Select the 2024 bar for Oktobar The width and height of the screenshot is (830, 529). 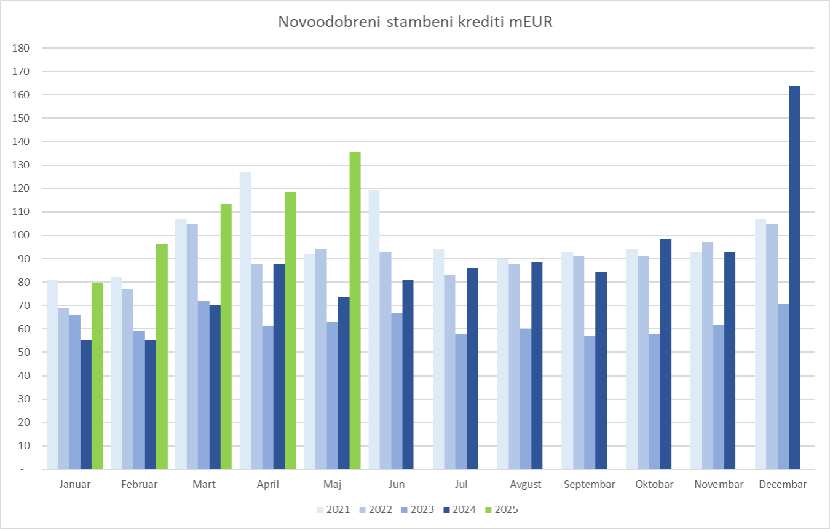(665, 354)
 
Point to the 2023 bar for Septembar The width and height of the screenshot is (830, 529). (590, 402)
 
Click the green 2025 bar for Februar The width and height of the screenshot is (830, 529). (162, 356)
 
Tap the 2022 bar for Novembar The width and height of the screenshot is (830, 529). (707, 356)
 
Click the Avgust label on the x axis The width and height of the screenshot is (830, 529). (526, 484)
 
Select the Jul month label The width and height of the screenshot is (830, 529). (461, 484)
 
